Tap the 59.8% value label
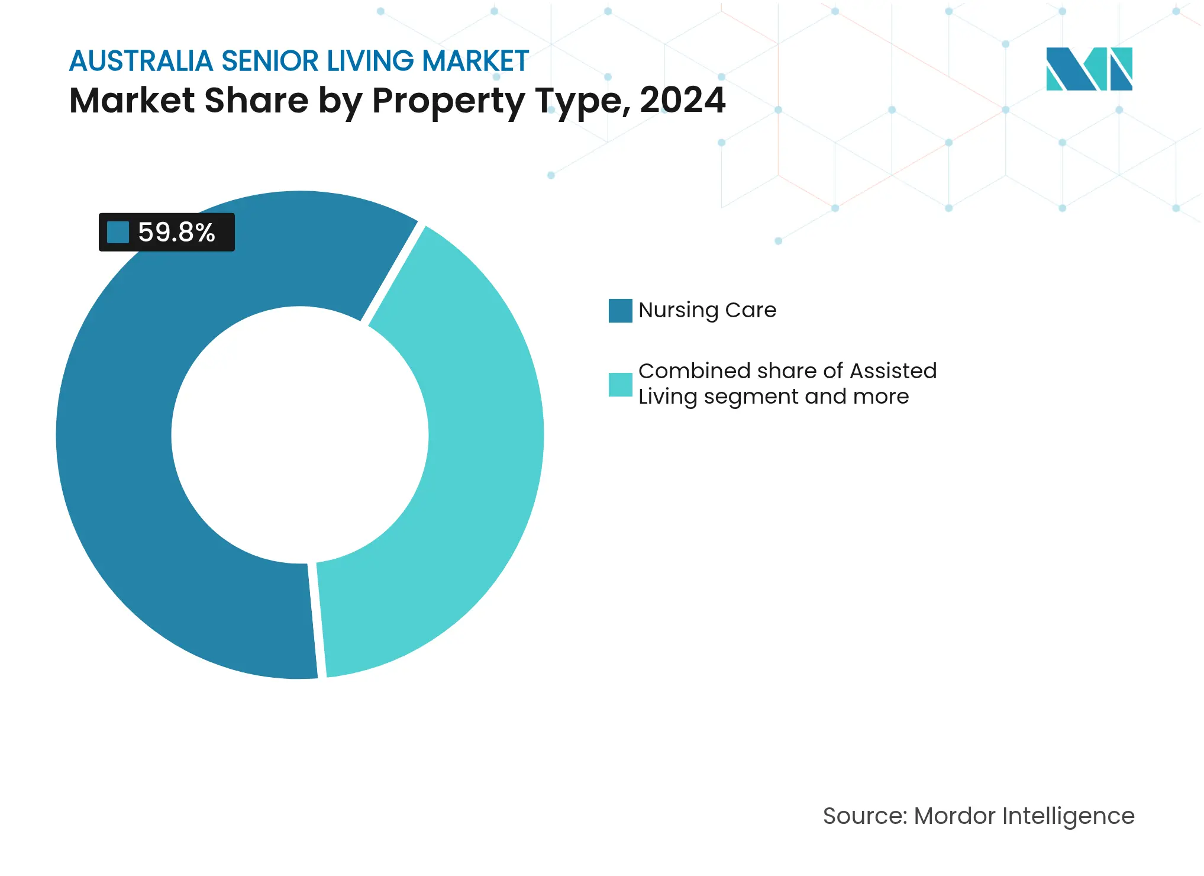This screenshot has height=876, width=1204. point(176,232)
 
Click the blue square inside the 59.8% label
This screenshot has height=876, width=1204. point(118,232)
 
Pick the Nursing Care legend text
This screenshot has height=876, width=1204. point(707,310)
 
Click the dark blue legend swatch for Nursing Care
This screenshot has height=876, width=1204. point(620,311)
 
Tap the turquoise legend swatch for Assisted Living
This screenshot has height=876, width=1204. point(620,385)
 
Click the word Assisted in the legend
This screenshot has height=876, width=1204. point(893,371)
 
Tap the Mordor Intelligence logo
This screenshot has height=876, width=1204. point(1089,69)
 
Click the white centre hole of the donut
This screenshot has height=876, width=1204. point(300,435)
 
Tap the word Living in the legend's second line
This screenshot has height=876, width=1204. point(667,397)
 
